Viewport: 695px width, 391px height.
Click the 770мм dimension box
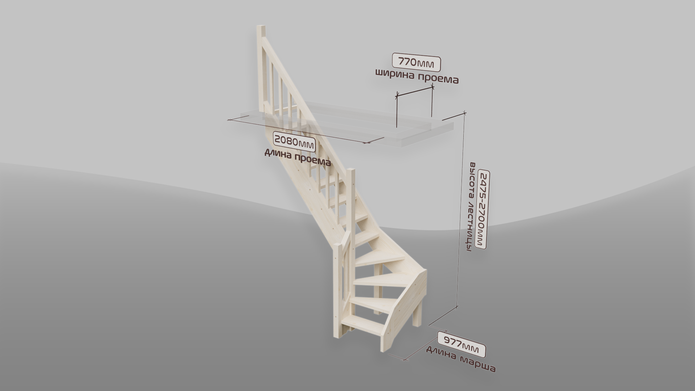[417, 62]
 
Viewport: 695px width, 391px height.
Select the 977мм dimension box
[461, 344]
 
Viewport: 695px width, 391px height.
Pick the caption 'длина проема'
[298, 158]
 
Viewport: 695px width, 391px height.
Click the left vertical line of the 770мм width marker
[397, 111]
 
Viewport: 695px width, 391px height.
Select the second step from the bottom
[373, 304]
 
